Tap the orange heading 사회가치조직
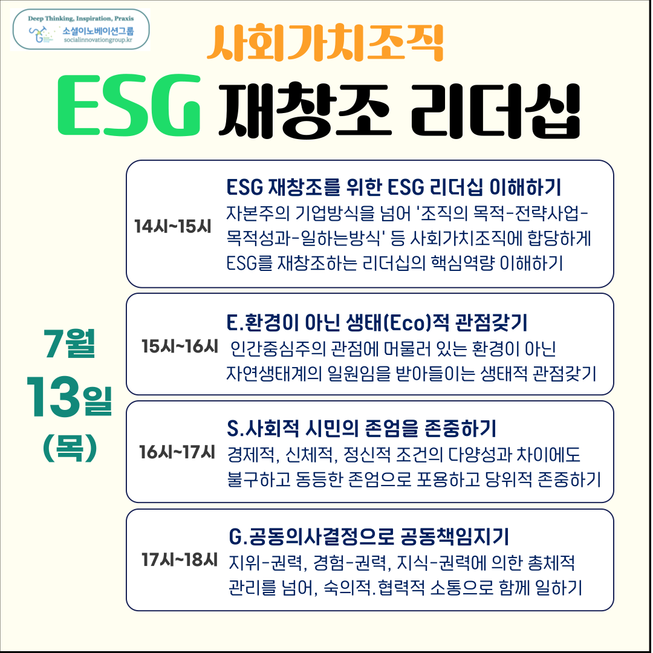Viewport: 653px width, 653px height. pyautogui.click(x=325, y=42)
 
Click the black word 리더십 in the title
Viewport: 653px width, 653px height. pyautogui.click(x=495, y=110)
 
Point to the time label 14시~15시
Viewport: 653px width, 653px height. pyautogui.click(x=173, y=226)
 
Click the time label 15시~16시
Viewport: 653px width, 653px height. pyautogui.click(x=180, y=346)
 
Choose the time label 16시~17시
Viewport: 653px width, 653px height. pyautogui.click(x=177, y=452)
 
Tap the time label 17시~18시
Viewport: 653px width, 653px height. pyautogui.click(x=180, y=559)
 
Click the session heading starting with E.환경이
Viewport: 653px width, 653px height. pyautogui.click(x=377, y=322)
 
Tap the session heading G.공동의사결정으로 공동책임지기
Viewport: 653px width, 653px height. pyautogui.click(x=369, y=536)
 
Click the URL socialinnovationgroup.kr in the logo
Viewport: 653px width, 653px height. pyautogui.click(x=99, y=40)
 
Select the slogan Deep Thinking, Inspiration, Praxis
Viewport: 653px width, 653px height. pyautogui.click(x=81, y=18)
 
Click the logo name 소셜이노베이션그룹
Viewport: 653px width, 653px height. pyautogui.click(x=99, y=30)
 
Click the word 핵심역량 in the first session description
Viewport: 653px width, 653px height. pyautogui.click(x=463, y=263)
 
